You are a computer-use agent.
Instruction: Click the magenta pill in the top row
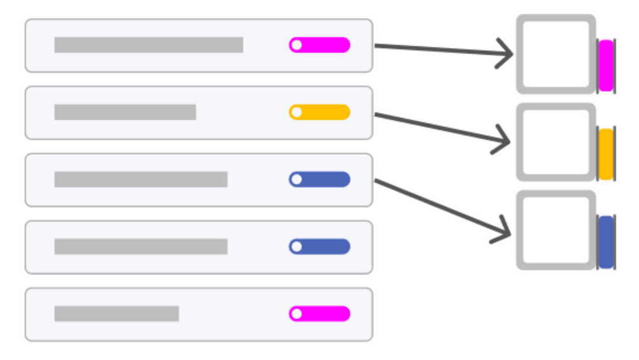319,45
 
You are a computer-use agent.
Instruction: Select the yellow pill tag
319,112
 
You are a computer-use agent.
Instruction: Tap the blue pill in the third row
319,179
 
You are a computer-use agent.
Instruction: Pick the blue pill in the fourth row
319,246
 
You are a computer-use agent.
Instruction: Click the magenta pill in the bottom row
319,314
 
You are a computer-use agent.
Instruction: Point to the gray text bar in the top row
149,45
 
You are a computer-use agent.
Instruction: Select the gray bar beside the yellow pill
125,112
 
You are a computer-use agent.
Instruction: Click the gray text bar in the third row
141,179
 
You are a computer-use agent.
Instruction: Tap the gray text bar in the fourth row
141,246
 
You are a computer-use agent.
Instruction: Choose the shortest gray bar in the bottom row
117,314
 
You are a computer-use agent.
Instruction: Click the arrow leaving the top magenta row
444,50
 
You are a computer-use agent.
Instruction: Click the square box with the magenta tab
556,54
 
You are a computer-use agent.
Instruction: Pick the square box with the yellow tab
556,142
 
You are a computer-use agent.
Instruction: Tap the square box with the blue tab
556,230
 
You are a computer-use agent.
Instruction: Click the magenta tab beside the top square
606,65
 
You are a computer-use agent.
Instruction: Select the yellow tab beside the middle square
606,154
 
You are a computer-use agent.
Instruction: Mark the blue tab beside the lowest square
606,242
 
